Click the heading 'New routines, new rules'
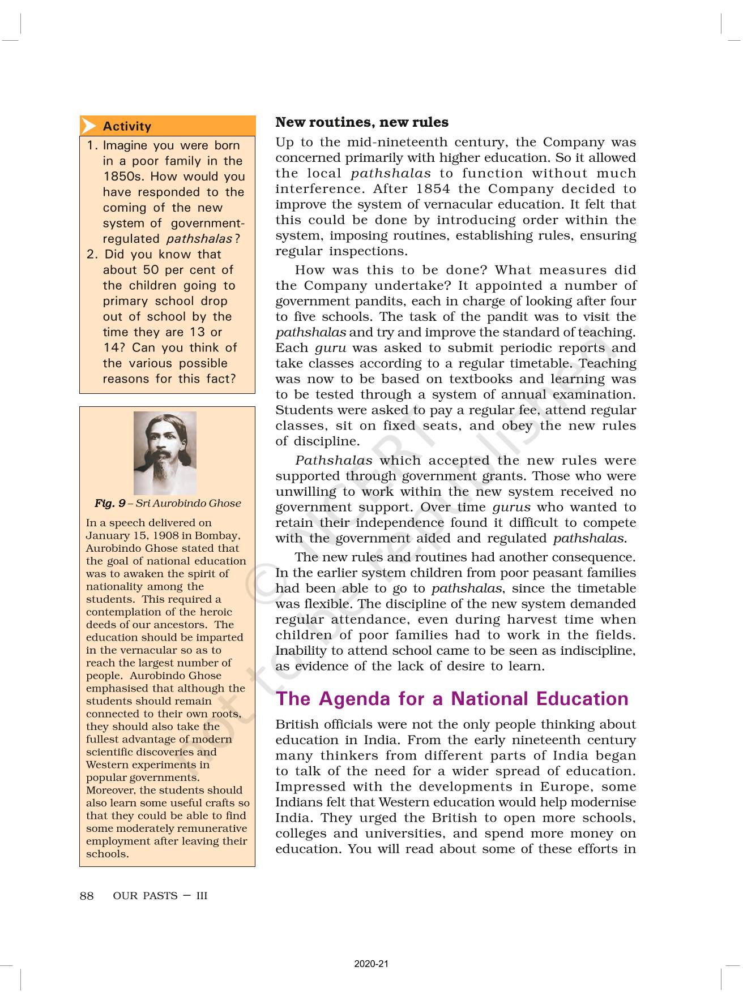[x=361, y=122]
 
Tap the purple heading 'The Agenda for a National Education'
[x=452, y=699]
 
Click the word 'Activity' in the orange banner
[x=127, y=126]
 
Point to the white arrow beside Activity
[x=88, y=126]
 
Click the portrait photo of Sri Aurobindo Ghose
[x=165, y=453]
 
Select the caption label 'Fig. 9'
[x=110, y=503]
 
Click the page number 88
[x=87, y=896]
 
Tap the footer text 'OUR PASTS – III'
[x=160, y=896]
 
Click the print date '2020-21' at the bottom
[x=371, y=964]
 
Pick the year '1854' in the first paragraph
[x=433, y=189]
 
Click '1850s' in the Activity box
[x=123, y=177]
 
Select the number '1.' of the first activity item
[x=92, y=145]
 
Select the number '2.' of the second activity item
[x=93, y=255]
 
